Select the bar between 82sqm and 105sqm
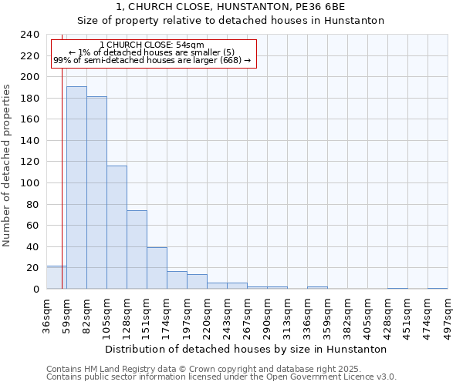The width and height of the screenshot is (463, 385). pyautogui.click(x=96, y=192)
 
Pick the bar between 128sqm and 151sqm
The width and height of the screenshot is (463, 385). pyautogui.click(x=137, y=249)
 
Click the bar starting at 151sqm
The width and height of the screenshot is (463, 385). pyautogui.click(x=157, y=268)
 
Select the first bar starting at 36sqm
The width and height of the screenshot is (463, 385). pyautogui.click(x=56, y=277)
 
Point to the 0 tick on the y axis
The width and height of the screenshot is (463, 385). pyautogui.click(x=35, y=289)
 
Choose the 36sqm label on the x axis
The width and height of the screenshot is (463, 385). pyautogui.click(x=47, y=311)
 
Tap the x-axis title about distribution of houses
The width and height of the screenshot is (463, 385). pyautogui.click(x=245, y=349)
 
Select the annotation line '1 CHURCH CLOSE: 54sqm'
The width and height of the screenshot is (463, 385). pyautogui.click(x=152, y=45)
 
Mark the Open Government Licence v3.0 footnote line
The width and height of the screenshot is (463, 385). pyautogui.click(x=221, y=377)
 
